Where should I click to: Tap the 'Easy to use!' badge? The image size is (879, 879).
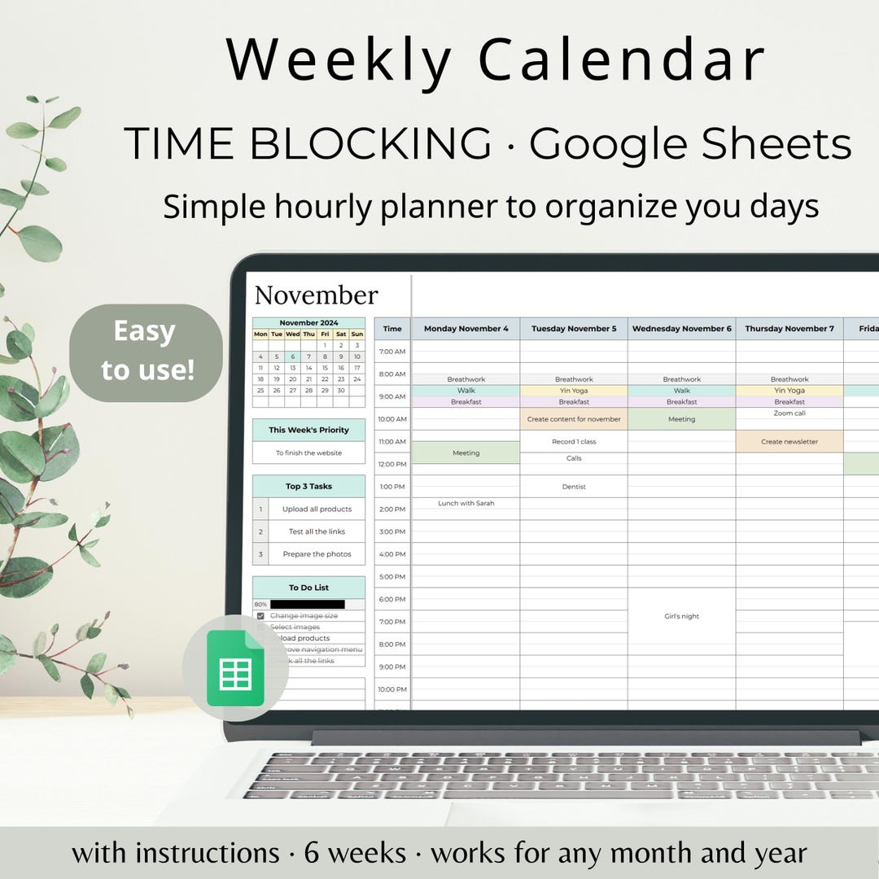(146, 351)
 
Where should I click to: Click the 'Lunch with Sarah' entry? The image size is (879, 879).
(466, 503)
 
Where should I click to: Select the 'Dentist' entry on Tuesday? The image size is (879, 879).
(574, 487)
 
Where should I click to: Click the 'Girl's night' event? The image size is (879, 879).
(681, 616)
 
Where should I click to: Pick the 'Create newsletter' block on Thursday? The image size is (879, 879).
(789, 442)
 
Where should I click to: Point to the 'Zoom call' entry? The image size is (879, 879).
(789, 413)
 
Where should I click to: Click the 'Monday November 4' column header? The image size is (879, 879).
(466, 329)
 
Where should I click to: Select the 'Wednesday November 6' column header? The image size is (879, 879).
(681, 329)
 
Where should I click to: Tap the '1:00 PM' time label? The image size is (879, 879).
(392, 487)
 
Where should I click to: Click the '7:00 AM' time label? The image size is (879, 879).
(392, 352)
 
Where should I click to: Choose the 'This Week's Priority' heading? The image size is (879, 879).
(308, 430)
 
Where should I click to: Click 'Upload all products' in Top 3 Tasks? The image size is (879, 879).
(317, 509)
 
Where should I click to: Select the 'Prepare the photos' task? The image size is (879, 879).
(317, 554)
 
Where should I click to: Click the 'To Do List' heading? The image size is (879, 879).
(308, 588)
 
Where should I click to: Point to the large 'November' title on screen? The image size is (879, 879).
(316, 295)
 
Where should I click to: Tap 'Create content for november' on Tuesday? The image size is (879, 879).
(574, 419)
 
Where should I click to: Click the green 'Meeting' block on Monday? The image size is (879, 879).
(466, 453)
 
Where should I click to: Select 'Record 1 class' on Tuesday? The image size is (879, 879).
(574, 442)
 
